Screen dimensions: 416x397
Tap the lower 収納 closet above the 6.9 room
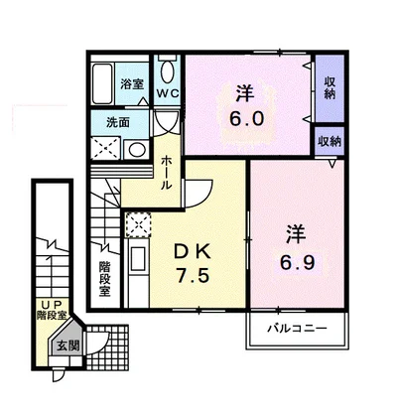point(329,141)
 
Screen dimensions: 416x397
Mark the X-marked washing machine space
point(104,149)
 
